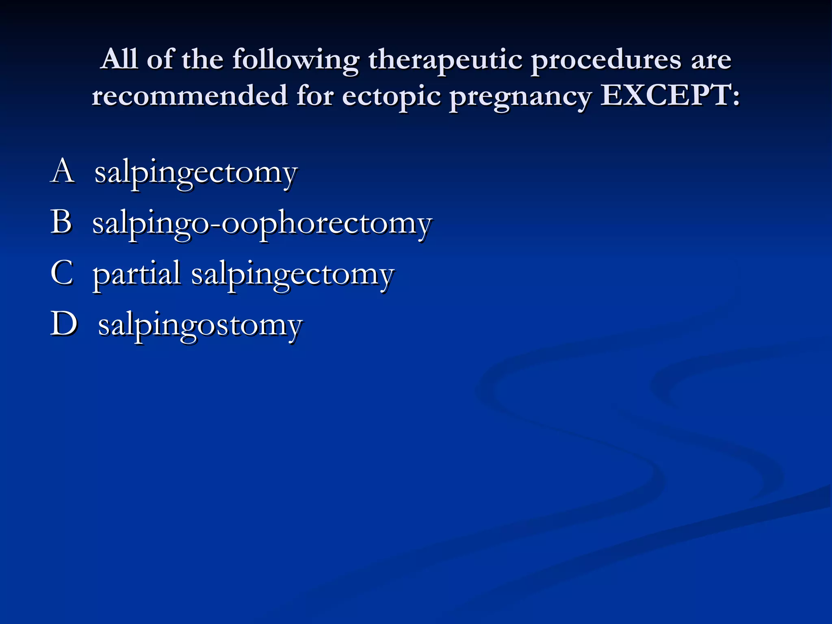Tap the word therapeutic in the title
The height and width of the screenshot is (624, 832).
click(x=445, y=60)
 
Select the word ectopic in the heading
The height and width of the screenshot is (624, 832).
click(x=391, y=97)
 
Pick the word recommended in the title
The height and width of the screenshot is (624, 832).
click(x=189, y=95)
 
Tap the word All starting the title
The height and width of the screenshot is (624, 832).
click(x=119, y=59)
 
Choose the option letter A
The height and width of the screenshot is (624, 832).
click(x=63, y=171)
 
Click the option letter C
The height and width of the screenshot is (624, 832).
click(x=62, y=273)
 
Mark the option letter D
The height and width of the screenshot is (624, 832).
click(x=63, y=324)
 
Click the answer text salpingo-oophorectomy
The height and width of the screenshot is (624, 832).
click(x=262, y=224)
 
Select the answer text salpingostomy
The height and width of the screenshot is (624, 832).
click(x=200, y=326)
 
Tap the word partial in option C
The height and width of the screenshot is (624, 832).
click(x=136, y=274)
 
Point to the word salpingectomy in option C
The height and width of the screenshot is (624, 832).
click(x=292, y=275)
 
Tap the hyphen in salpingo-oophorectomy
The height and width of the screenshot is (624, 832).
click(x=215, y=225)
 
